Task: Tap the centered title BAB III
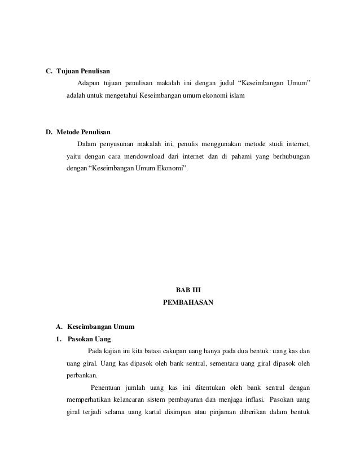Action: [x=188, y=291]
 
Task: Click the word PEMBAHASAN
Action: [x=188, y=302]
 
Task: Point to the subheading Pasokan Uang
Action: [x=89, y=339]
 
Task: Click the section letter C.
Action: [x=48, y=72]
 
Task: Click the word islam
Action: [x=234, y=96]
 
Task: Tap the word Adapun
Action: [x=88, y=84]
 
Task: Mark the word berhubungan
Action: [x=291, y=156]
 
